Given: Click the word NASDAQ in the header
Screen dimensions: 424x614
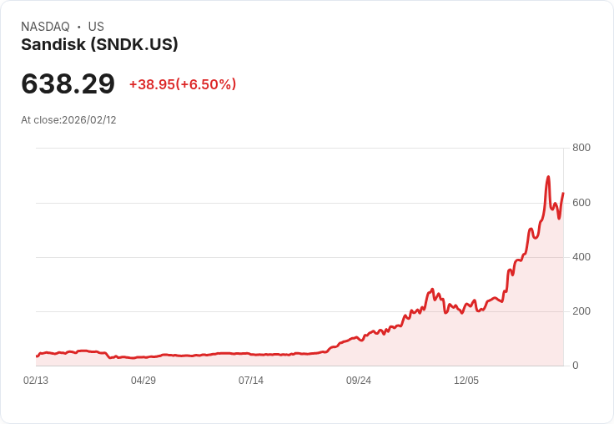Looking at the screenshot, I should (x=45, y=27).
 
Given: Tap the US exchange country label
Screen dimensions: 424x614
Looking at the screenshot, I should (x=96, y=27).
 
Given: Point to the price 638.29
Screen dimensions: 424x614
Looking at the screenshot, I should (x=68, y=84).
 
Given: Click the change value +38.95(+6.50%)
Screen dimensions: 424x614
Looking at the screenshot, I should (x=183, y=84).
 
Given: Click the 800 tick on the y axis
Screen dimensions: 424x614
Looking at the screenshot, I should (x=581, y=148).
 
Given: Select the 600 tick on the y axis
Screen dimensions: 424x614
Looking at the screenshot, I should (x=581, y=203).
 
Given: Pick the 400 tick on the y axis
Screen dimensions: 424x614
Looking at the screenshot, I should (x=581, y=257).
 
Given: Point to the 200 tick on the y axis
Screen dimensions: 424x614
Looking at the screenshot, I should (x=581, y=311).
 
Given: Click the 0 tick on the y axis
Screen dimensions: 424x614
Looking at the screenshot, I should (x=576, y=366).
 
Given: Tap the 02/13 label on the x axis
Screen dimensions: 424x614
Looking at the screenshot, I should (x=36, y=381).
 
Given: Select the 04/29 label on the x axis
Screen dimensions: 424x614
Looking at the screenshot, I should (x=143, y=381).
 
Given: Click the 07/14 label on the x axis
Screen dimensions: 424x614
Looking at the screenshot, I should (x=251, y=381).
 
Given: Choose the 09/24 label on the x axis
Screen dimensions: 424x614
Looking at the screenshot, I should (x=359, y=381).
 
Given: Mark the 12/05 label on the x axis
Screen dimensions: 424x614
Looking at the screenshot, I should (x=466, y=381).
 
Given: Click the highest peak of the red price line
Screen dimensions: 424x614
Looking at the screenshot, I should (x=548, y=177).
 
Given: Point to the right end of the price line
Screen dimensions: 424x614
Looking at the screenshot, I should (x=563, y=194).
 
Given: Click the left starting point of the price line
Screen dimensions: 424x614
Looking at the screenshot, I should (x=37, y=356).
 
